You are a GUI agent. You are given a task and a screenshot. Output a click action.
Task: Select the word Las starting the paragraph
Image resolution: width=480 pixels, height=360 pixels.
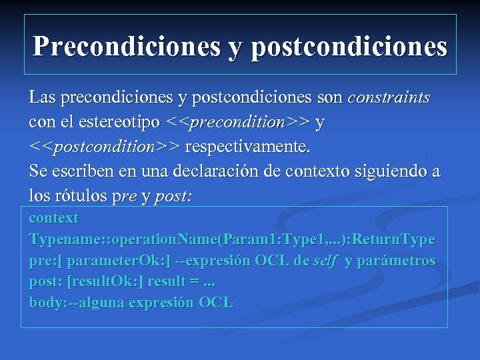click(42, 98)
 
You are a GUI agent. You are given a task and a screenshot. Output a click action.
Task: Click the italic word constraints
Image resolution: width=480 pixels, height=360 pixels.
click(389, 98)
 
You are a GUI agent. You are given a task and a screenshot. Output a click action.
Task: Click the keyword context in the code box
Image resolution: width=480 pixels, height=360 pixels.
click(53, 218)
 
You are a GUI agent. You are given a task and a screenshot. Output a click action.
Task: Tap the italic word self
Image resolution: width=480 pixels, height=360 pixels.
click(325, 261)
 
